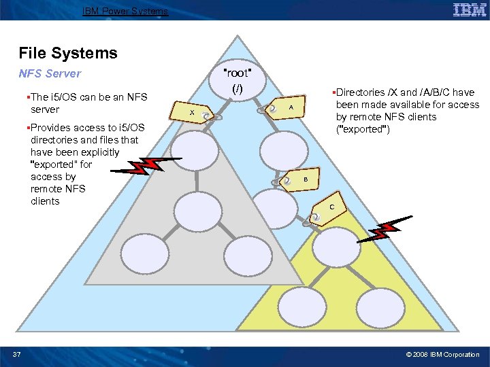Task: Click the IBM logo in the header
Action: coord(469,10)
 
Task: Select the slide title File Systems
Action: coord(68,53)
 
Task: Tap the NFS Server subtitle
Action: coord(50,73)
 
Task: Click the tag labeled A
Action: coord(289,107)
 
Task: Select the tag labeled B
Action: coord(304,179)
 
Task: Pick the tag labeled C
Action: coord(330,206)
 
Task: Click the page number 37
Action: coord(17,354)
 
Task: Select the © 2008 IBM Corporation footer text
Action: coord(442,354)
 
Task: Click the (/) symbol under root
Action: coord(237,89)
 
